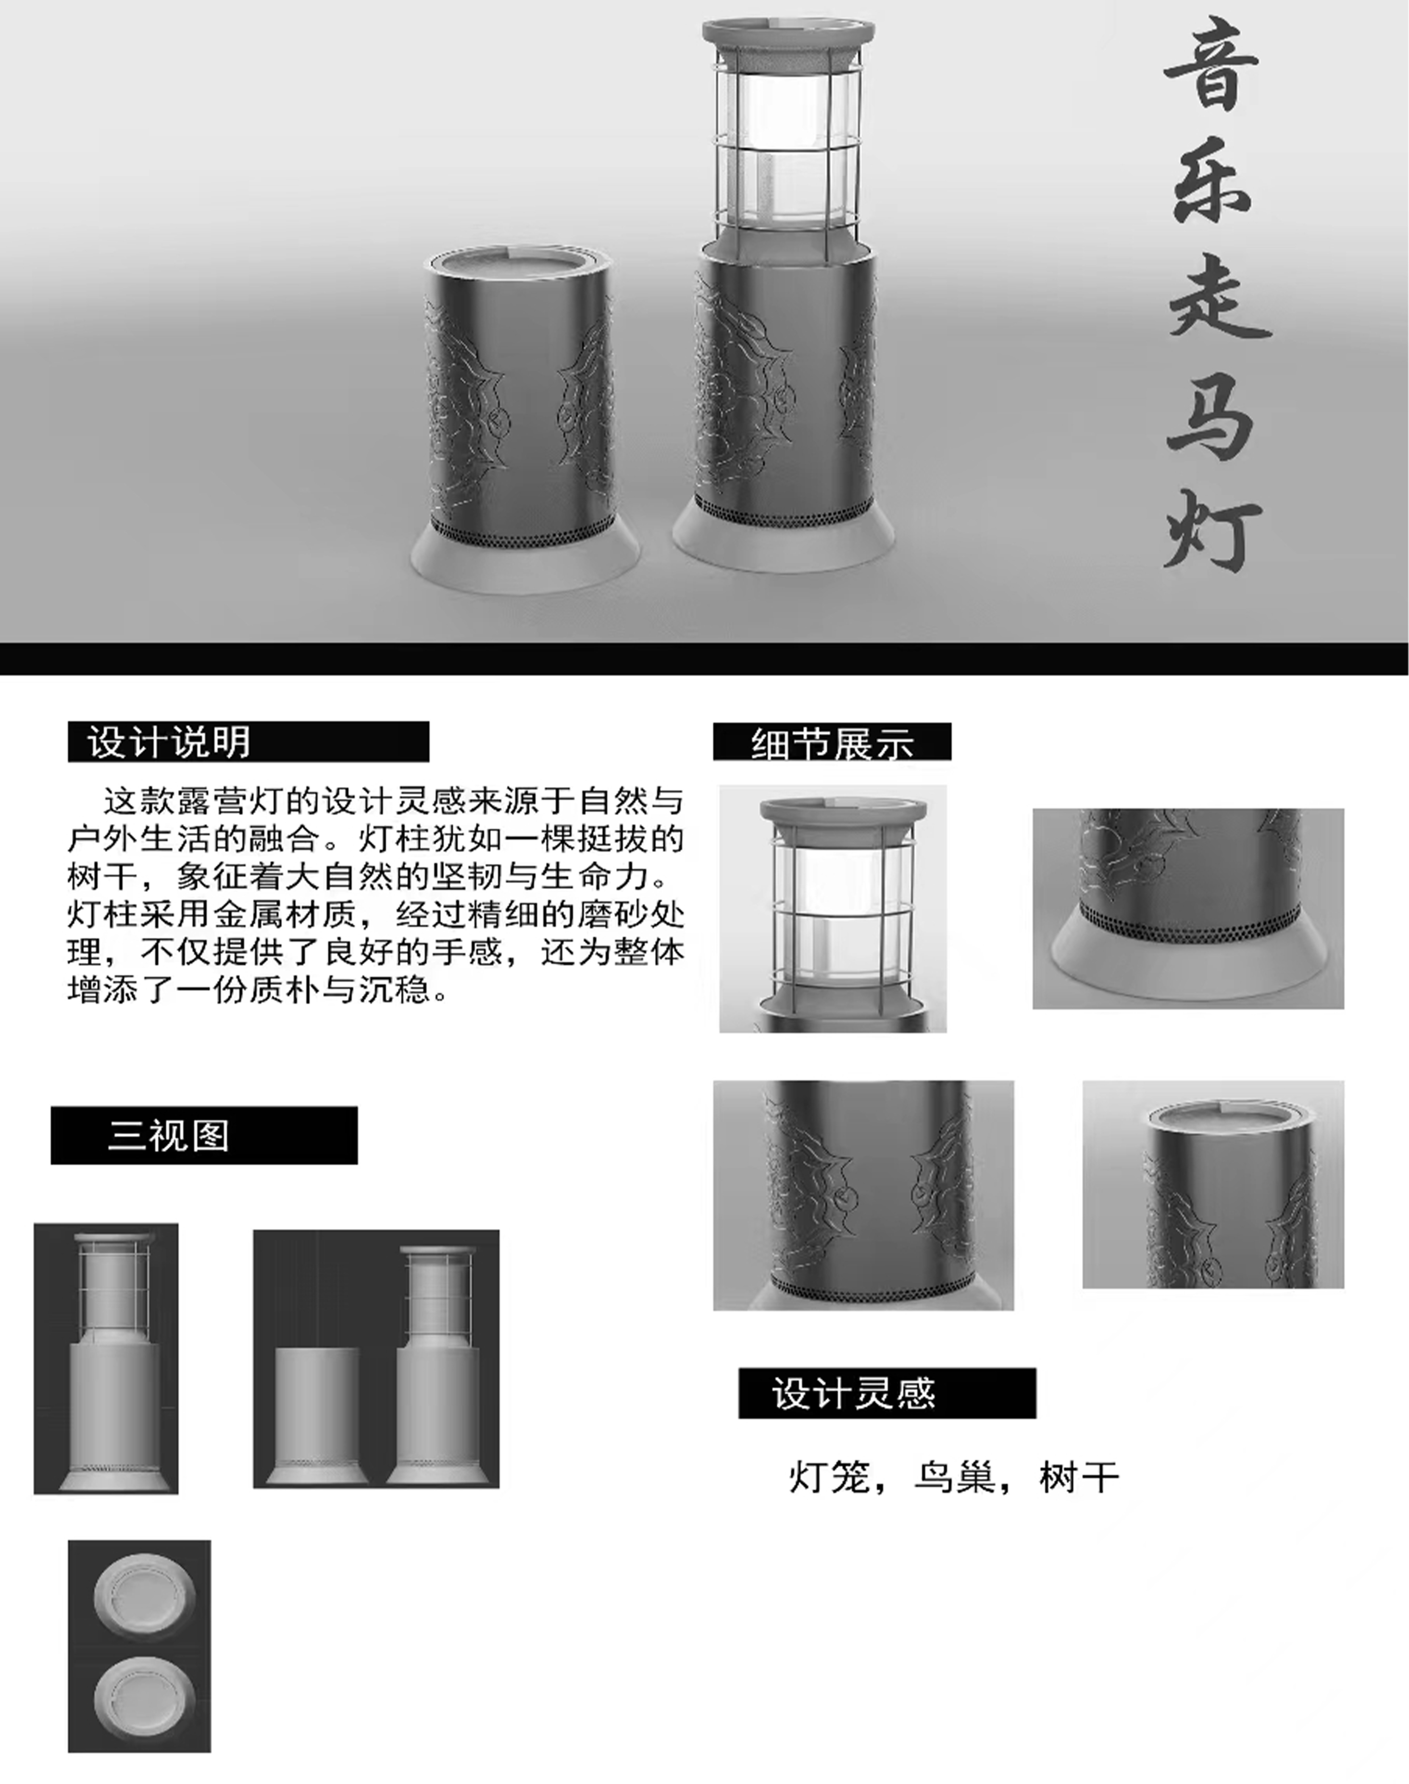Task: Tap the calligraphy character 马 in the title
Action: point(1211,411)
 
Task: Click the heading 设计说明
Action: point(169,741)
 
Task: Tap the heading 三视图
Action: point(168,1136)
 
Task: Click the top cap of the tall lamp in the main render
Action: point(789,35)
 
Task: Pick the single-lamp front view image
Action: point(106,1358)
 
